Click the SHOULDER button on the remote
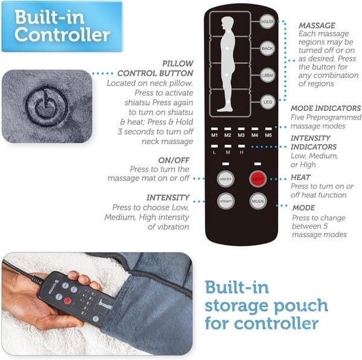[x=267, y=22]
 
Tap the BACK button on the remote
[x=267, y=48]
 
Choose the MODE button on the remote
[x=259, y=201]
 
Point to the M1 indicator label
[x=214, y=135]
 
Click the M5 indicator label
[x=267, y=135]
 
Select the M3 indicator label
[x=241, y=135]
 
